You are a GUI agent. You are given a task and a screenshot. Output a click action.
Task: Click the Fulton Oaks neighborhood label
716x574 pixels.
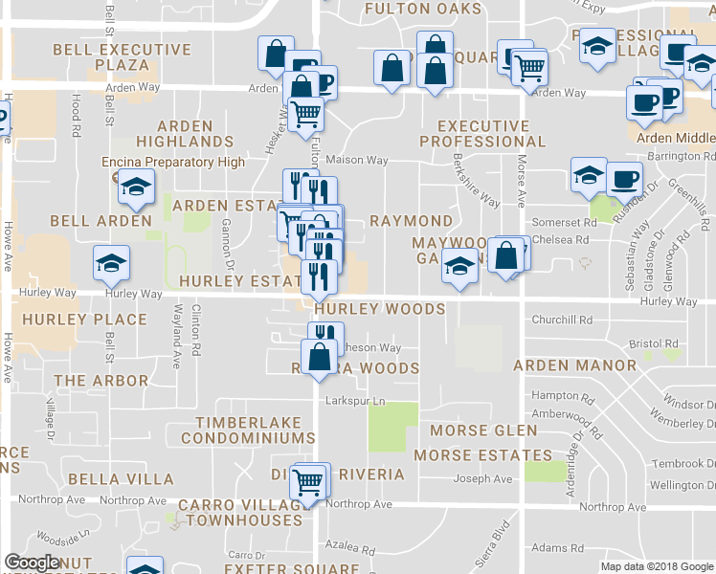pyautogui.click(x=422, y=9)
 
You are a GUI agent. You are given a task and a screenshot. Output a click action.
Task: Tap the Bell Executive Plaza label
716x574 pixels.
pyautogui.click(x=122, y=57)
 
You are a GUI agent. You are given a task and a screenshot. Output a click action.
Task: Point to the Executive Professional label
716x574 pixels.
pyautogui.click(x=482, y=134)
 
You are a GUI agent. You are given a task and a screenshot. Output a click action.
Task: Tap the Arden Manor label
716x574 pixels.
pyautogui.click(x=574, y=365)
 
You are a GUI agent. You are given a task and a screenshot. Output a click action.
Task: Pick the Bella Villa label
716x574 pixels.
pyautogui.click(x=126, y=479)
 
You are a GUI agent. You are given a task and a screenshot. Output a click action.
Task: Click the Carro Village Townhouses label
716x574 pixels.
pyautogui.click(x=243, y=512)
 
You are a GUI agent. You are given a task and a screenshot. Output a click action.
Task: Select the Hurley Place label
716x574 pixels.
pyautogui.click(x=85, y=320)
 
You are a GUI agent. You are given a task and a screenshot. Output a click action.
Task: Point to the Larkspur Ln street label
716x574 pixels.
pyautogui.click(x=355, y=401)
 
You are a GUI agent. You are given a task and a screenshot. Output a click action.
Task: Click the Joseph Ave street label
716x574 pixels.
pyautogui.click(x=483, y=479)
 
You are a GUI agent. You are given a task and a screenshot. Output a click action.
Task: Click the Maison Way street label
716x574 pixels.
pyautogui.click(x=357, y=160)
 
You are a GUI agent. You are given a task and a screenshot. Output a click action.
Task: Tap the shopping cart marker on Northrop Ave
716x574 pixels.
pyautogui.click(x=307, y=481)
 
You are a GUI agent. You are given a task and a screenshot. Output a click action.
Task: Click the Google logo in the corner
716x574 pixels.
pyautogui.click(x=32, y=563)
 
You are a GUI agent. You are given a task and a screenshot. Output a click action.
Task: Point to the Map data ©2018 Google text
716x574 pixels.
pyautogui.click(x=656, y=566)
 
